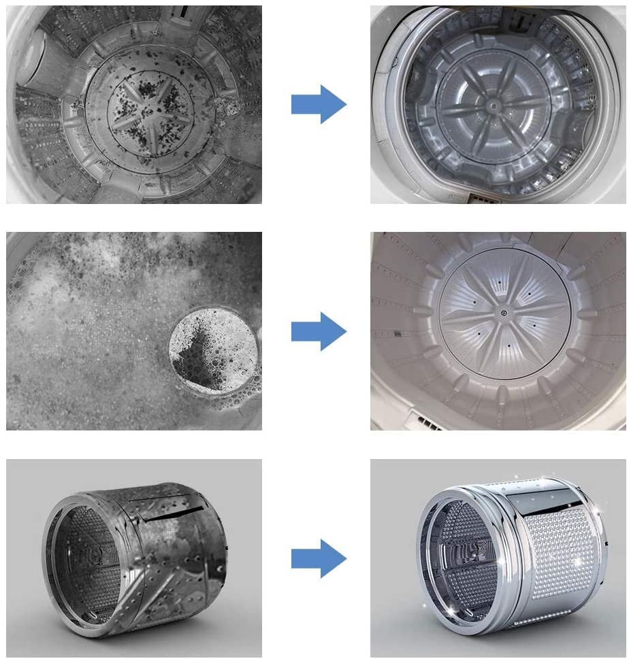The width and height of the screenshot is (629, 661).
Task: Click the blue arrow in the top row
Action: click(x=319, y=105)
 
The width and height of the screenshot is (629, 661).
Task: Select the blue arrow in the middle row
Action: click(x=319, y=331)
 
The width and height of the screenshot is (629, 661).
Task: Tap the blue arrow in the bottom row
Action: click(x=319, y=558)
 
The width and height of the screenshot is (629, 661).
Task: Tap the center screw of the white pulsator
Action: click(x=504, y=313)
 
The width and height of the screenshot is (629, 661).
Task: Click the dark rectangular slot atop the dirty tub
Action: click(x=181, y=12)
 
